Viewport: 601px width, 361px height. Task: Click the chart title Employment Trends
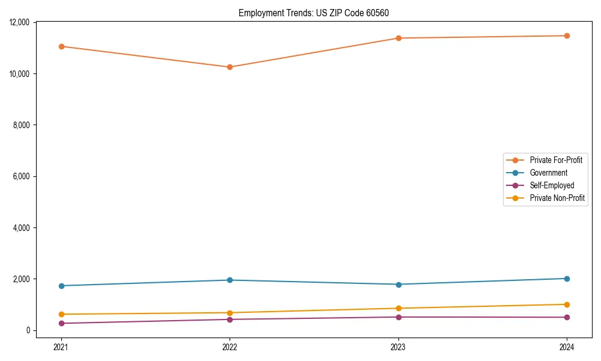pos(318,13)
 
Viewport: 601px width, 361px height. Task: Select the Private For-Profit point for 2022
pos(230,67)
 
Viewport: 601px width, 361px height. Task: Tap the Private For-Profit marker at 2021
pos(61,46)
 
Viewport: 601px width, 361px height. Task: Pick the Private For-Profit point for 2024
pos(567,35)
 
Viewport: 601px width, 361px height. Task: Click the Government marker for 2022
pos(230,280)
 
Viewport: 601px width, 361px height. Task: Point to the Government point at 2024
pos(567,279)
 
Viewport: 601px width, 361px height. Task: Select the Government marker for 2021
pos(61,286)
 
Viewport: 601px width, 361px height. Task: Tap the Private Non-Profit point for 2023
pos(398,308)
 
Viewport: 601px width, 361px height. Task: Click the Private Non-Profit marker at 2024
pos(567,304)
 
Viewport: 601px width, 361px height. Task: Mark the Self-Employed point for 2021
pos(61,323)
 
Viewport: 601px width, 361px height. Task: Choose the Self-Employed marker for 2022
pos(230,319)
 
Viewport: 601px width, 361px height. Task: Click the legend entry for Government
pos(548,173)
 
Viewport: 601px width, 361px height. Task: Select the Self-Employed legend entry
pos(552,185)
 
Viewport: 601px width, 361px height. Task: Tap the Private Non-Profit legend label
pos(557,198)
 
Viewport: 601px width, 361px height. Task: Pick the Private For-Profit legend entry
pos(556,160)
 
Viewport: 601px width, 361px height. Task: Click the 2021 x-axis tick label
pos(61,347)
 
